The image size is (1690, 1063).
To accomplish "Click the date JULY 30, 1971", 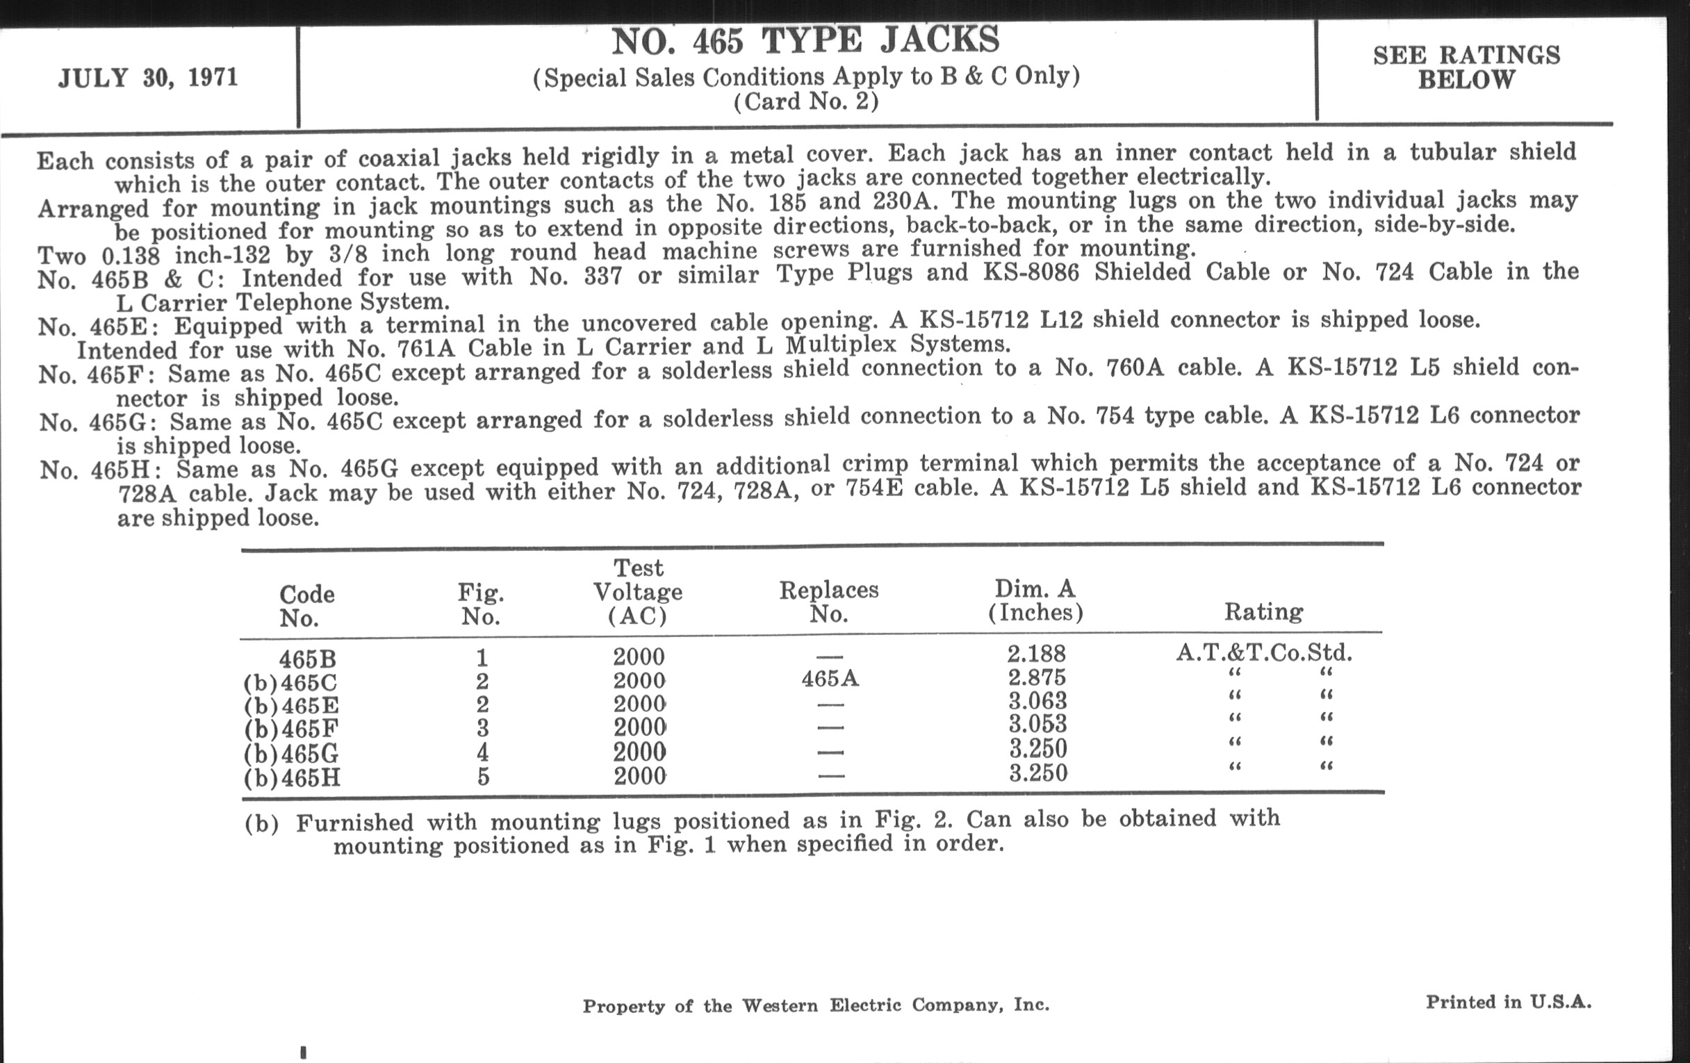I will coord(148,77).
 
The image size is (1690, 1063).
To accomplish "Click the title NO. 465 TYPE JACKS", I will coord(805,41).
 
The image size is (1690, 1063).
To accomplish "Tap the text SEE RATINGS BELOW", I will coord(1466,67).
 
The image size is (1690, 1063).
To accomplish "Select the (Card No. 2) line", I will coord(805,102).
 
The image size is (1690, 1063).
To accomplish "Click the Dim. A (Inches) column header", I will coord(1035,600).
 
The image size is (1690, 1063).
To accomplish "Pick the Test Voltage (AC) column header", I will coord(638,591).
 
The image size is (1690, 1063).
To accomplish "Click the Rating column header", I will coord(1263,612).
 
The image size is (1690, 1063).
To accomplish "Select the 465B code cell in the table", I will coord(307,659).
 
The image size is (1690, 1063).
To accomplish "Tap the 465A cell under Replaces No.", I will coord(830,679).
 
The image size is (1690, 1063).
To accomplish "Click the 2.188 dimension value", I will coord(1037,654).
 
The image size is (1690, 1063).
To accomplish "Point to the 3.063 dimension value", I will coord(1037,701).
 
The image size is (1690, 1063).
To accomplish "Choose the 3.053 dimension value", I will coord(1037,724).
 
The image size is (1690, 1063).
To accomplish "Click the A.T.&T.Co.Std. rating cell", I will coord(1264,653).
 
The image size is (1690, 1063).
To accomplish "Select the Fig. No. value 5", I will coord(483,777).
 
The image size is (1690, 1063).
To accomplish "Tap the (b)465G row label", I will coord(291,754).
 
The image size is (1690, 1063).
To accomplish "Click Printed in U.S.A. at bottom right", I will coord(1508,1002).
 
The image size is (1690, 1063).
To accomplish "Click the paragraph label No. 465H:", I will coord(101,470).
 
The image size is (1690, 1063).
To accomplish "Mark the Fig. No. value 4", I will coord(483,753).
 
